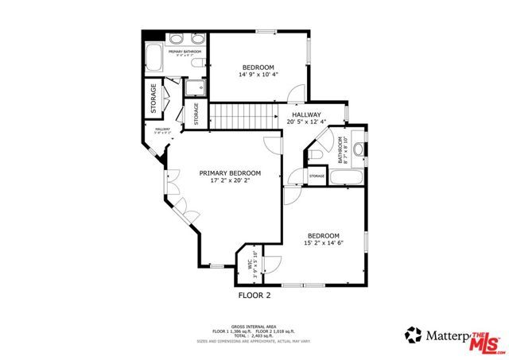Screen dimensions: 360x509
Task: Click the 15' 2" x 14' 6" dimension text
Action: click(324, 243)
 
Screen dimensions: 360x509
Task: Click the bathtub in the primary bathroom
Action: click(154, 58)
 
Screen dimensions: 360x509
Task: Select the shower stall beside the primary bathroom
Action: click(194, 87)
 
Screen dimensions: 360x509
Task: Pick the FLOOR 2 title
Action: click(254, 295)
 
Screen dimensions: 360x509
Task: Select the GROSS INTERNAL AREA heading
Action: click(254, 325)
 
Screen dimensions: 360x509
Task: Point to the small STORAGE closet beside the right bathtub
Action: click(317, 176)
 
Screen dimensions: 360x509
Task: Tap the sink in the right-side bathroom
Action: click(358, 148)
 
